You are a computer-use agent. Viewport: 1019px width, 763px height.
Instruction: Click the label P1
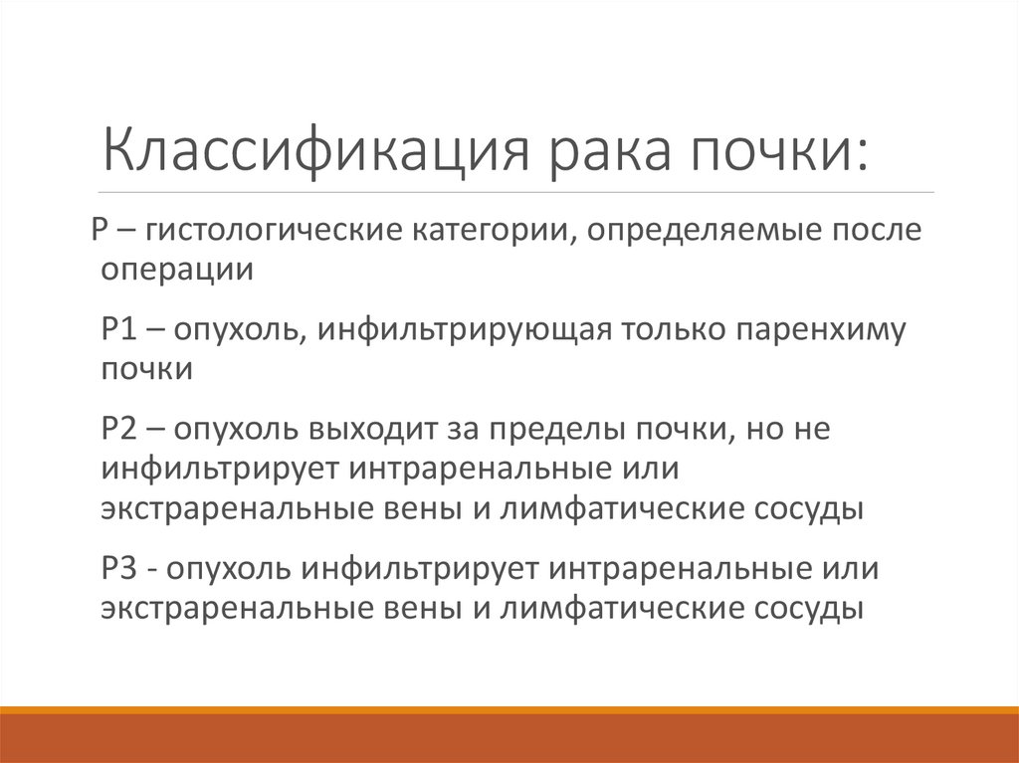119,329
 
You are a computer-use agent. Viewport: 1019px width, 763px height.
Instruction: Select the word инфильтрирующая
464,331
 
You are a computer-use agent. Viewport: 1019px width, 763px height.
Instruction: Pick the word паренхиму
821,331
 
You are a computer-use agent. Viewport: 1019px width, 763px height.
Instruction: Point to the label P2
119,429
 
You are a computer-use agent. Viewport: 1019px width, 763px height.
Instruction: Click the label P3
119,569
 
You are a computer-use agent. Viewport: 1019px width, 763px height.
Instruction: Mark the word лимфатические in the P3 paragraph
621,610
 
